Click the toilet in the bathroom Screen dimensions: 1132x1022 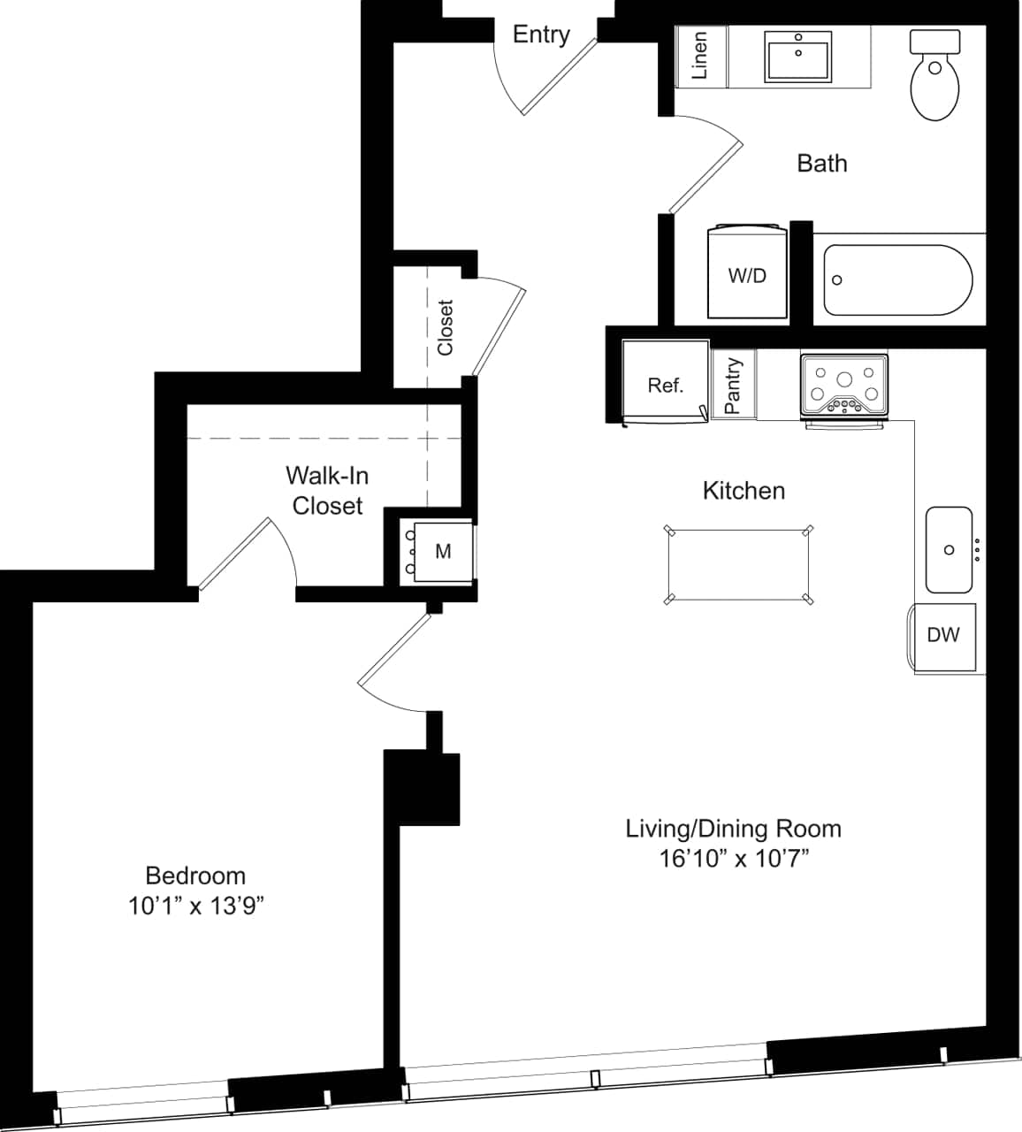click(934, 77)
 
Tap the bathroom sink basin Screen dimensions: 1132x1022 click(798, 57)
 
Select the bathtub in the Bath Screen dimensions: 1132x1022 click(897, 280)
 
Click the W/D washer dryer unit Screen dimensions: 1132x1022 click(747, 273)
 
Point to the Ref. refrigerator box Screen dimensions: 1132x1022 click(665, 383)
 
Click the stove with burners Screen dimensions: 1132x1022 click(843, 386)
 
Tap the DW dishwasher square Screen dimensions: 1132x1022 click(943, 636)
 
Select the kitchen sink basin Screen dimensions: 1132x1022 click(949, 550)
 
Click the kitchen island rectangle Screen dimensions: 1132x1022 click(738, 565)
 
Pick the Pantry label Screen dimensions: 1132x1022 click(733, 386)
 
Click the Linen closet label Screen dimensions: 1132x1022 click(700, 57)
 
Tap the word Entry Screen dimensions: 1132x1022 click(541, 34)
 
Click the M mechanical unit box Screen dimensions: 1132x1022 click(443, 551)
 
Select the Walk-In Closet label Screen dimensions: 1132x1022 click(327, 491)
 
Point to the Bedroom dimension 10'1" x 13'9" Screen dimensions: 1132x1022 click(196, 906)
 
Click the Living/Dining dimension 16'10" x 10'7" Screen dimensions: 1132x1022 click(734, 858)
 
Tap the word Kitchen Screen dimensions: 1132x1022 click(744, 491)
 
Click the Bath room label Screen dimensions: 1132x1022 click(821, 164)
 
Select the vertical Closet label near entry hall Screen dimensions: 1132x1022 click(446, 327)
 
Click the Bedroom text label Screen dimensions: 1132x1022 click(195, 876)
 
